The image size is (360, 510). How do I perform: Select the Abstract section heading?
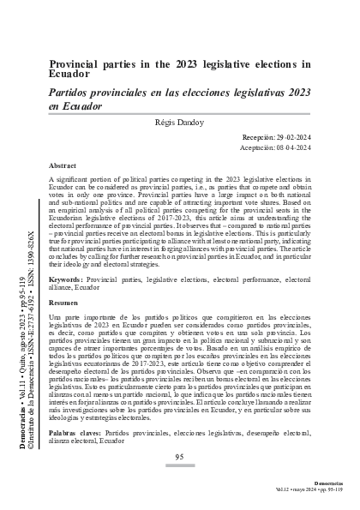tap(65, 165)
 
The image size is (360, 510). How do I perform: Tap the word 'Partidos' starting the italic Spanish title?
tap(73, 91)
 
